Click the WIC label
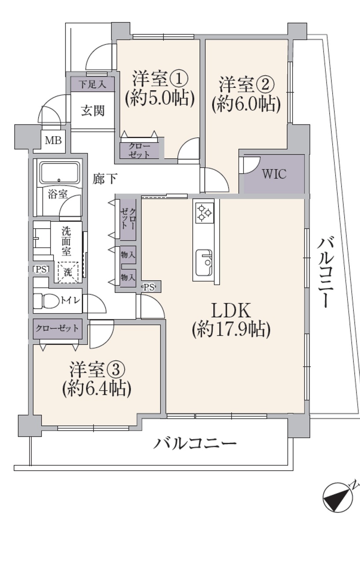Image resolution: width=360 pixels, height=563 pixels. [x=274, y=174]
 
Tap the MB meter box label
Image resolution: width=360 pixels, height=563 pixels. [x=53, y=140]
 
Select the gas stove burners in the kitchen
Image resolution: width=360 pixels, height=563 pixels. [x=205, y=213]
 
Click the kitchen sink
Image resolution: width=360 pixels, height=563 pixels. [x=204, y=263]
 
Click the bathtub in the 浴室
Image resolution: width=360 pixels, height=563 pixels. [x=60, y=173]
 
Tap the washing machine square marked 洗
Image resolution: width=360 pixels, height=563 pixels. [x=68, y=272]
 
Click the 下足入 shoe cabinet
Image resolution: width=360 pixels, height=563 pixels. [x=92, y=84]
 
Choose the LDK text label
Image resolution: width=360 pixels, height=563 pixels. [x=231, y=311]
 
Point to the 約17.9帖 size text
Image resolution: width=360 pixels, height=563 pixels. [x=231, y=329]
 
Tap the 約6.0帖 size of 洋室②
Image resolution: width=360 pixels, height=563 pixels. [x=246, y=104]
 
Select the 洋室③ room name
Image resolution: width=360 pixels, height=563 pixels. [x=97, y=370]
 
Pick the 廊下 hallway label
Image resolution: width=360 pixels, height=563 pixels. [x=105, y=179]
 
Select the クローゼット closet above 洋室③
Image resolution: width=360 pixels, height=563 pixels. [x=58, y=329]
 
